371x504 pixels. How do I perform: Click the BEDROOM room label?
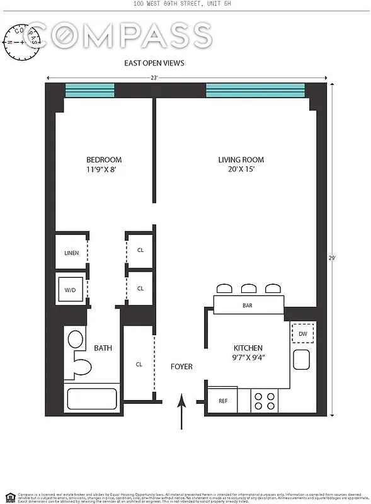104,160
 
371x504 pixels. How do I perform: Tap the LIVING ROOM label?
241,160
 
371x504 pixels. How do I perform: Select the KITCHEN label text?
248,348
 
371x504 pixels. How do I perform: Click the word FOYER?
181,367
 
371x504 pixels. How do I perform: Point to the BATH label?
103,348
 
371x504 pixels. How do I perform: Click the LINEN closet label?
71,253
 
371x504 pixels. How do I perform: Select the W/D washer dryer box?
70,290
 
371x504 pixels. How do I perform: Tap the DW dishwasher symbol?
303,334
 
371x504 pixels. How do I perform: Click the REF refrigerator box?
223,401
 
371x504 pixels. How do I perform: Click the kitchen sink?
302,360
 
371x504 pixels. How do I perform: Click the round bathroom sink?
76,341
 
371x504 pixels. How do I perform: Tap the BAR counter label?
248,306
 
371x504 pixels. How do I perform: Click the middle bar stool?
248,289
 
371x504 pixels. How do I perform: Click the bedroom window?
89,91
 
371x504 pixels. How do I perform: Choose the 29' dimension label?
332,257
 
